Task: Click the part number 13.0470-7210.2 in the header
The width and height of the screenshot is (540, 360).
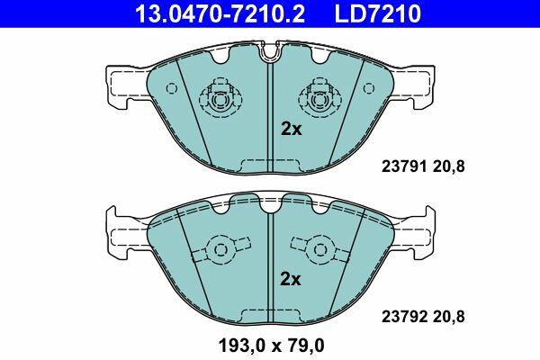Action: (220, 13)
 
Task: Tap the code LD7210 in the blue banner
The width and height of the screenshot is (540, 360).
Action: (377, 13)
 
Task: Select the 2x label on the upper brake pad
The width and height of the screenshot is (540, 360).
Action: (291, 130)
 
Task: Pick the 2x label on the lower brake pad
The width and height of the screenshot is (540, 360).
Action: (291, 279)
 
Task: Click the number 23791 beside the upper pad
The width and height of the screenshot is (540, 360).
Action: (403, 166)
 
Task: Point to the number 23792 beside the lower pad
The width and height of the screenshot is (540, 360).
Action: (403, 317)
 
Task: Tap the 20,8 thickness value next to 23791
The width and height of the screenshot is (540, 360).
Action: (447, 167)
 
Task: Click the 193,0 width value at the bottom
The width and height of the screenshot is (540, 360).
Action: (242, 346)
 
